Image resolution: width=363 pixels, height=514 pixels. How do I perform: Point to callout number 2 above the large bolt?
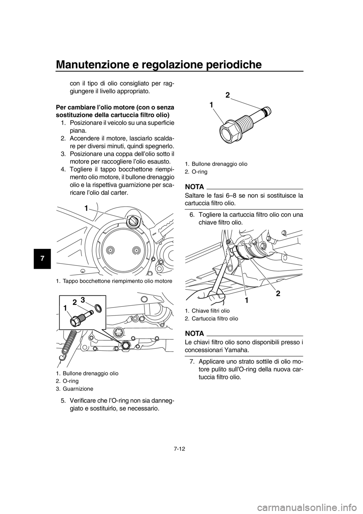tap(228, 96)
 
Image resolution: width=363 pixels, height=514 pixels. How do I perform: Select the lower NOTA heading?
tap(194, 333)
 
